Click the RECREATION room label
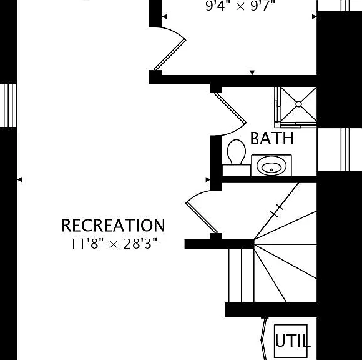[113, 225]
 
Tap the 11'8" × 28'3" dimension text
[114, 244]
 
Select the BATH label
[272, 138]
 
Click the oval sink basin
[271, 166]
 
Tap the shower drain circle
[298, 104]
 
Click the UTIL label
[292, 341]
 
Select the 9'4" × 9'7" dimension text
[240, 6]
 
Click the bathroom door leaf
[230, 107]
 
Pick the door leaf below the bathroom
[202, 217]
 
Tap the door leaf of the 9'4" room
[170, 54]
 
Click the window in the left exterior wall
[9, 106]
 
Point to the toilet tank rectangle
[237, 170]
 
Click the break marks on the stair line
[277, 211]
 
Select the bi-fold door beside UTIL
[263, 339]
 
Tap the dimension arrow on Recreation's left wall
[19, 179]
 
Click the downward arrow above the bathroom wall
[252, 72]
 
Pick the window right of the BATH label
[345, 149]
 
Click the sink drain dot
[271, 170]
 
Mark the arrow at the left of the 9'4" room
[165, 17]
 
